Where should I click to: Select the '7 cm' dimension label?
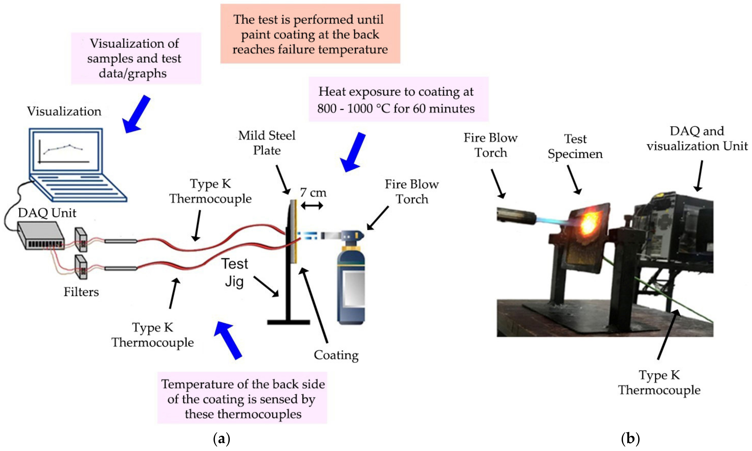tap(313, 192)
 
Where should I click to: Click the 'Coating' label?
tap(336, 355)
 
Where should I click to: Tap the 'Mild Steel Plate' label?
tap(267, 143)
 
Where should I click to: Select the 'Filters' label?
tap(81, 292)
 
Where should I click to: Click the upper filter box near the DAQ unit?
tap(81, 240)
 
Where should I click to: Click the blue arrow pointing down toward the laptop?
tap(136, 114)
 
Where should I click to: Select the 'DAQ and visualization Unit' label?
tap(697, 138)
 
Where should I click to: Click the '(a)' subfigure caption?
tap(222, 439)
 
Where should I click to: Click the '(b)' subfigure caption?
tap(630, 439)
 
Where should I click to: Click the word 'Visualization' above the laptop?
tap(64, 111)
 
